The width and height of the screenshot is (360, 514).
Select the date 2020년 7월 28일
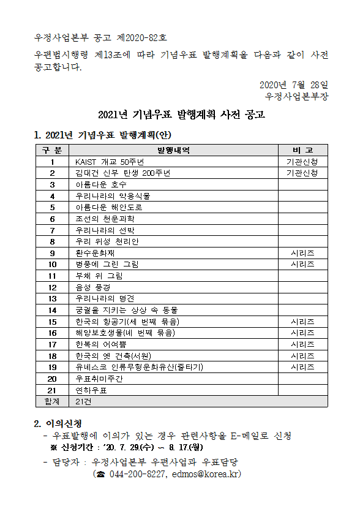pos(294,85)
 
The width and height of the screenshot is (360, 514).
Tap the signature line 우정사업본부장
pos(297,96)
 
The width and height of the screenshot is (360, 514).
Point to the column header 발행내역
pos(174,150)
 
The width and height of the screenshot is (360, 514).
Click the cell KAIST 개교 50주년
pos(109,162)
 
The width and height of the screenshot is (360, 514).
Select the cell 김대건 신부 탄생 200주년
pos(122,173)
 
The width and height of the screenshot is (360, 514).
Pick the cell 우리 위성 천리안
pos(107,241)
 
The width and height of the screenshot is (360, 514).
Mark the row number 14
pos(52,310)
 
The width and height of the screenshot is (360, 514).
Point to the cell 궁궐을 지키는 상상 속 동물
pos(130,310)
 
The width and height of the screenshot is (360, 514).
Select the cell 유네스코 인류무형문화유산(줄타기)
pos(140,367)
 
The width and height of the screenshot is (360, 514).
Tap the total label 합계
pos(52,401)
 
